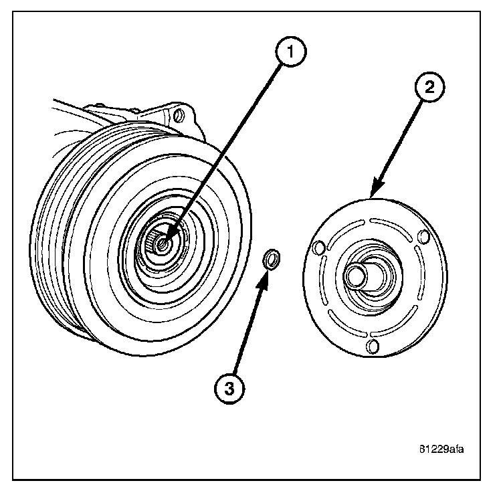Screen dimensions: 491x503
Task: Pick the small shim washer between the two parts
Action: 272,260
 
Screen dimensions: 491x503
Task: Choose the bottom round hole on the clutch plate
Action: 374,346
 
